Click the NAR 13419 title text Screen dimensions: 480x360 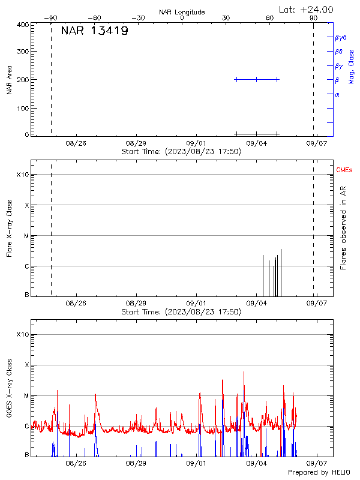coord(95,31)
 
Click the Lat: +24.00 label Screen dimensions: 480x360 coord(307,10)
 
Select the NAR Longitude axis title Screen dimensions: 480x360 coord(182,12)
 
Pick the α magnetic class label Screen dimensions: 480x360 coord(337,94)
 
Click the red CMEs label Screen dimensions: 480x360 coord(344,170)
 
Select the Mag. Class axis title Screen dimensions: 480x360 coord(352,66)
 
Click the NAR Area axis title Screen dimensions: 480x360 coord(10,80)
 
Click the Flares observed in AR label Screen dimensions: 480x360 coord(343,228)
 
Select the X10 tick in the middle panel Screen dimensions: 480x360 coord(23,175)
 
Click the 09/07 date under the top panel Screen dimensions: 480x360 coord(317,143)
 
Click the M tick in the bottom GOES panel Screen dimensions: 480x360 coord(26,396)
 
